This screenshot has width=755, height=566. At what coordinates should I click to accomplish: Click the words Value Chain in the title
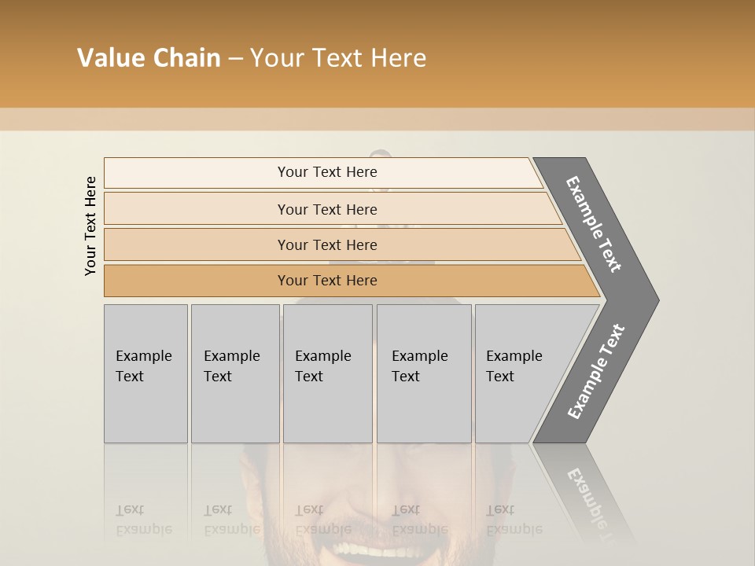(149, 58)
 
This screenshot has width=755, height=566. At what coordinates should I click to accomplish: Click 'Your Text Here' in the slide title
(338, 58)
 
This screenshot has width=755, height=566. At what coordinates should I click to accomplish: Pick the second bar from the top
(326, 209)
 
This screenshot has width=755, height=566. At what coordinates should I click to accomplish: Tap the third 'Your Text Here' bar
(326, 244)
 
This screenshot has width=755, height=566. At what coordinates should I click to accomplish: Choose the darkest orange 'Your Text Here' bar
(326, 281)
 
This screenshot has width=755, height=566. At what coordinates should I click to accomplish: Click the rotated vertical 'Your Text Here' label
(90, 226)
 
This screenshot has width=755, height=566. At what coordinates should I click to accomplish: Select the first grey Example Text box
(145, 373)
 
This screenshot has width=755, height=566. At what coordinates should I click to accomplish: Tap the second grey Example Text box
(234, 373)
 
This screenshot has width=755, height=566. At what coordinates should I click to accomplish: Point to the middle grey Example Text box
(327, 373)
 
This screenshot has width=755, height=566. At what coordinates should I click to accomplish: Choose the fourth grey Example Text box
(423, 373)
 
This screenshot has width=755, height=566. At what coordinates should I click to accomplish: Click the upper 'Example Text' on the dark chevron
(594, 225)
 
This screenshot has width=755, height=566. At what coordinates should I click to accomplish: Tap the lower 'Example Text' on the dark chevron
(596, 372)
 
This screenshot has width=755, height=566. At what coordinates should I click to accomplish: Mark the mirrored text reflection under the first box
(143, 520)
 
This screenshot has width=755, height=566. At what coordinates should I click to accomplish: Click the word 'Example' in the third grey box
(322, 356)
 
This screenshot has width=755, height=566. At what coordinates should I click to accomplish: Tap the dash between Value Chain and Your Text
(235, 59)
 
